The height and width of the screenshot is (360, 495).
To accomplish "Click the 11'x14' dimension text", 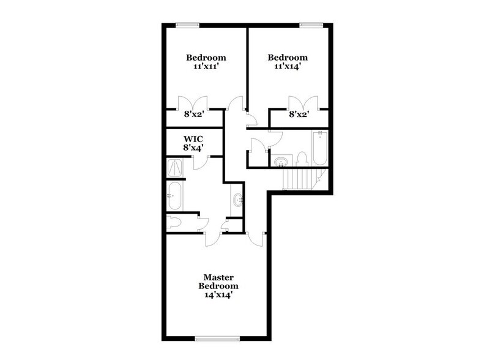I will [286, 69].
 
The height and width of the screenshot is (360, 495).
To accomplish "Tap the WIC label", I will [194, 138].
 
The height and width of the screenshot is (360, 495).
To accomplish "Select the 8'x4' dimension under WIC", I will [194, 148].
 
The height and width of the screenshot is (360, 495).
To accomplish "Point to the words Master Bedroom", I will [218, 281].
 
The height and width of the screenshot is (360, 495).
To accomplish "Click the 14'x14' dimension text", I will [218, 294].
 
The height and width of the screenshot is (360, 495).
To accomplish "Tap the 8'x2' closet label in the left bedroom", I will [194, 113].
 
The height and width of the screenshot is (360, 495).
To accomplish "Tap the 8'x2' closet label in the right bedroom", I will [299, 113].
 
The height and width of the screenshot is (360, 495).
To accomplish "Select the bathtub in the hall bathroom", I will [320, 148].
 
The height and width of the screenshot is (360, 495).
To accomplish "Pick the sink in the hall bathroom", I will [281, 162].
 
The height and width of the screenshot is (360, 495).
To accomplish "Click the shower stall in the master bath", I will [175, 168].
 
